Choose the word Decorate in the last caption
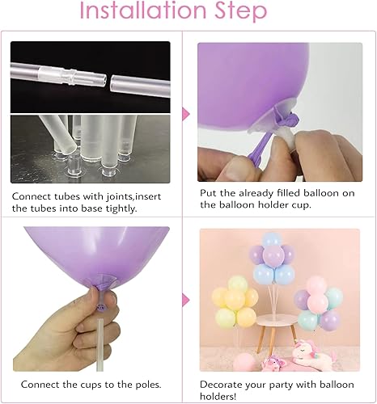pos(224,384)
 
